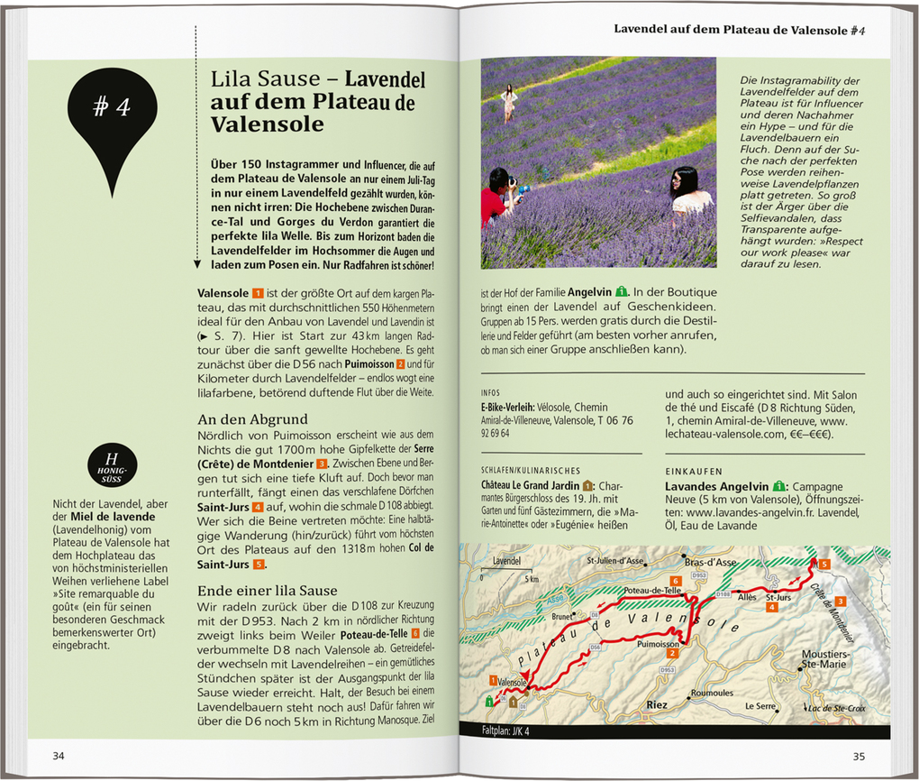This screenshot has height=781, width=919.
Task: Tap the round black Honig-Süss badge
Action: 114,464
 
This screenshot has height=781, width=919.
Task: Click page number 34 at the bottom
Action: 59,754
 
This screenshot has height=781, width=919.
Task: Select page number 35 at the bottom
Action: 860,754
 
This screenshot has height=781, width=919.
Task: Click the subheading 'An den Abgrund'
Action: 252,419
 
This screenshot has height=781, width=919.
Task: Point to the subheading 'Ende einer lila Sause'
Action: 268,591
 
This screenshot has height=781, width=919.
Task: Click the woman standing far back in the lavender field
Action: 509,101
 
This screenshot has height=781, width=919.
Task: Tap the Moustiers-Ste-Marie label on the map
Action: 823,658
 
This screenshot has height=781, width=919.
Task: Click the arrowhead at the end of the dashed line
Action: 196,264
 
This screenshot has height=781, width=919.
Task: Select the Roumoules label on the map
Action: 711,693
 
